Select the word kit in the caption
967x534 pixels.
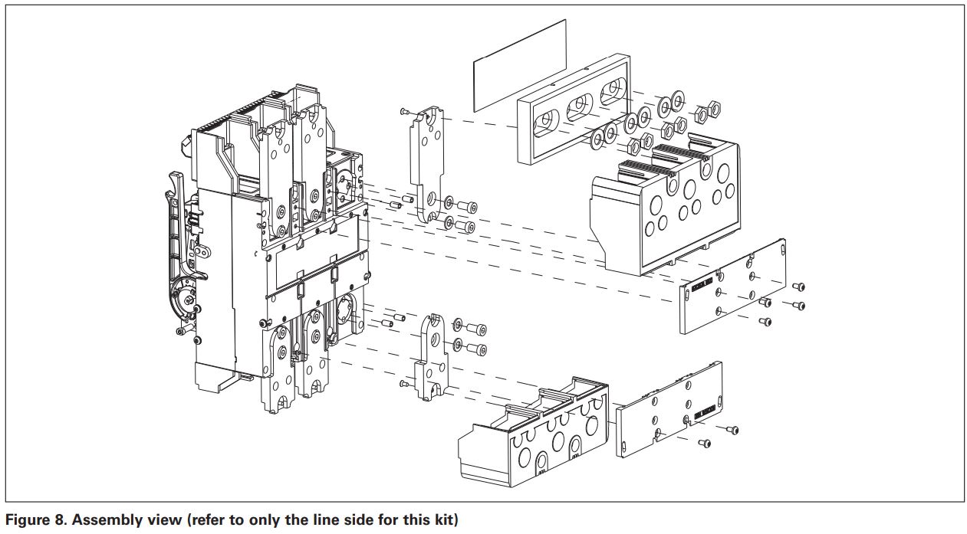point(446,520)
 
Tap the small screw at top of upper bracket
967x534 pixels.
point(405,112)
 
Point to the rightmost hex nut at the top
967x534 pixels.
point(713,108)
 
